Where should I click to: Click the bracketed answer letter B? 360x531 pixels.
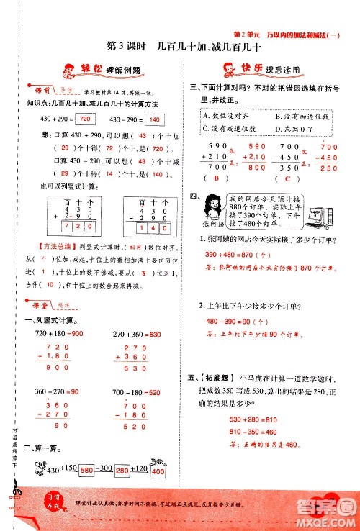(214, 179)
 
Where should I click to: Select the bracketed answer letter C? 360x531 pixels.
(287, 179)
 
